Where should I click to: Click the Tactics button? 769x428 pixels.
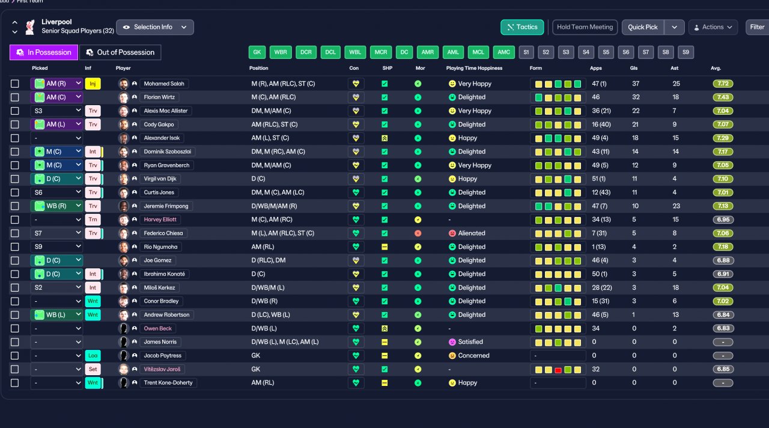[522, 27]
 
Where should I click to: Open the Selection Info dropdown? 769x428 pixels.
[155, 27]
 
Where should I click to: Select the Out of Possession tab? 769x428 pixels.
[120, 52]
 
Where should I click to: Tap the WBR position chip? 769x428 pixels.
[281, 52]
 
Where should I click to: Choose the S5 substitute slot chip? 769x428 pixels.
[606, 52]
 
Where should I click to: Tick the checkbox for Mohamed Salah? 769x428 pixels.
[15, 84]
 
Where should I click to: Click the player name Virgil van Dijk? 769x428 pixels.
[160, 179]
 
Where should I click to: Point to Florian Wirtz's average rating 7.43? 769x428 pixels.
[723, 97]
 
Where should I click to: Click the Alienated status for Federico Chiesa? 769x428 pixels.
[472, 233]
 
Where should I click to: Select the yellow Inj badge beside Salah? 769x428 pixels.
[93, 84]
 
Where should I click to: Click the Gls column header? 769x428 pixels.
[634, 68]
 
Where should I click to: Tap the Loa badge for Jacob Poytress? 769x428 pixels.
[93, 355]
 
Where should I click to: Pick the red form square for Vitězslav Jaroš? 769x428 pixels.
[558, 370]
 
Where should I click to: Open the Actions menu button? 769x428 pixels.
[713, 27]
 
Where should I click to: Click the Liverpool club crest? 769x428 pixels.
[30, 27]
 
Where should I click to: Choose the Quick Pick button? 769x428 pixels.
[643, 27]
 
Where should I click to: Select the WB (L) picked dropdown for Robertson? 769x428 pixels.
[56, 314]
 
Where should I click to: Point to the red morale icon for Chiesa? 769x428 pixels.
[418, 233]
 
